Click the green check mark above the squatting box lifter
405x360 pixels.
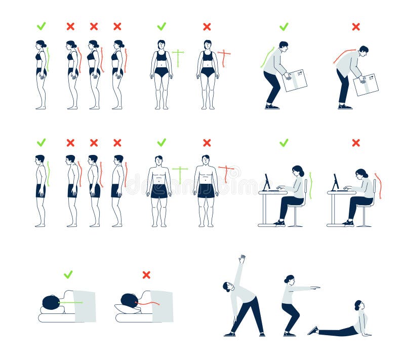tap(284, 26)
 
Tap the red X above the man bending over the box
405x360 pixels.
tap(356, 26)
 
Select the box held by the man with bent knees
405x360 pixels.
tap(294, 80)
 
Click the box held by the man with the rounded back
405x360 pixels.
tap(366, 84)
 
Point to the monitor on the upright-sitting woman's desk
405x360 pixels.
tap(266, 182)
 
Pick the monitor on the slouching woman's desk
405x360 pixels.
tap(335, 182)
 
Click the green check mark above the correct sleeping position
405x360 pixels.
tap(68, 274)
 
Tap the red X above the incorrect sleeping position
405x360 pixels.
tap(146, 274)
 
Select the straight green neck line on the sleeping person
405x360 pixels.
tap(71, 303)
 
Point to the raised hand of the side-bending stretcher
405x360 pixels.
tap(242, 258)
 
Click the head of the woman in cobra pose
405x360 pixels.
tap(358, 305)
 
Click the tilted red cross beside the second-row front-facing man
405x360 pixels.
tap(226, 171)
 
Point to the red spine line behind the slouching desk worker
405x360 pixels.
tap(378, 185)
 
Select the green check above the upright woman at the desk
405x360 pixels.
tap(284, 143)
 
